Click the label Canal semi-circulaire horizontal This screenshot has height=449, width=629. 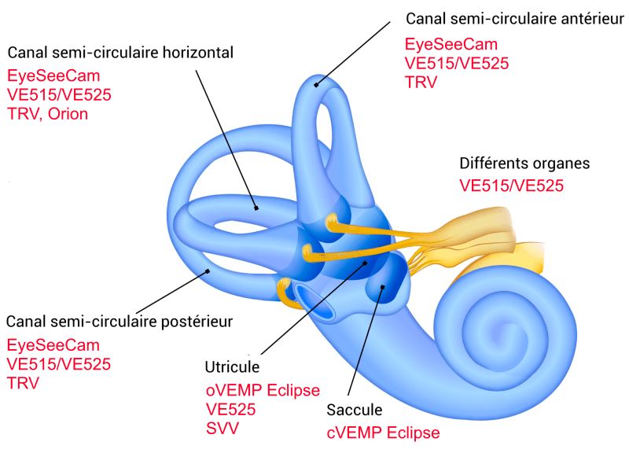(x=121, y=53)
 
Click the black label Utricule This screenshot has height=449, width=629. (x=232, y=368)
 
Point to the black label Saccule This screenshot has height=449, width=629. (x=354, y=410)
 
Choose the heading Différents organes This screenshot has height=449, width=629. (x=524, y=164)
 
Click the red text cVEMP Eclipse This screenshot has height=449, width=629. (x=383, y=432)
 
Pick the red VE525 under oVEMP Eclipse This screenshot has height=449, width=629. (x=230, y=409)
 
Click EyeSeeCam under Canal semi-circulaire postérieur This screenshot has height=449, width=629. (x=53, y=346)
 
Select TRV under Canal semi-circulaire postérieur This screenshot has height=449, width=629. (x=23, y=383)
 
